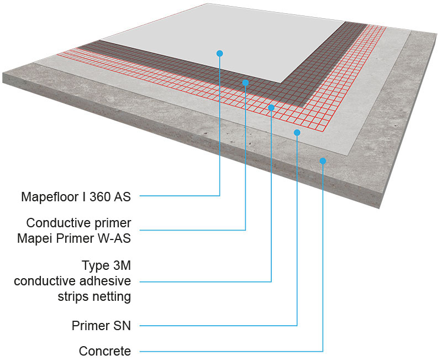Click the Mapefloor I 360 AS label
(x=76, y=196)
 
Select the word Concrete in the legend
(x=105, y=351)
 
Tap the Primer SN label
(x=101, y=325)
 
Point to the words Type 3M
(x=106, y=264)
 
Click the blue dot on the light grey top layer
(x=219, y=53)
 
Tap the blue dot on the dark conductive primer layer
(x=245, y=82)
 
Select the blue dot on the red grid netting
(x=271, y=107)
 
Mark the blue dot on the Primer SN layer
(x=297, y=133)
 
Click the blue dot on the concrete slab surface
(x=323, y=161)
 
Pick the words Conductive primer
(x=78, y=223)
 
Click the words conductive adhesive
(x=72, y=280)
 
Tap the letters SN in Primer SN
(x=122, y=325)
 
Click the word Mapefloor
(x=47, y=196)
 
